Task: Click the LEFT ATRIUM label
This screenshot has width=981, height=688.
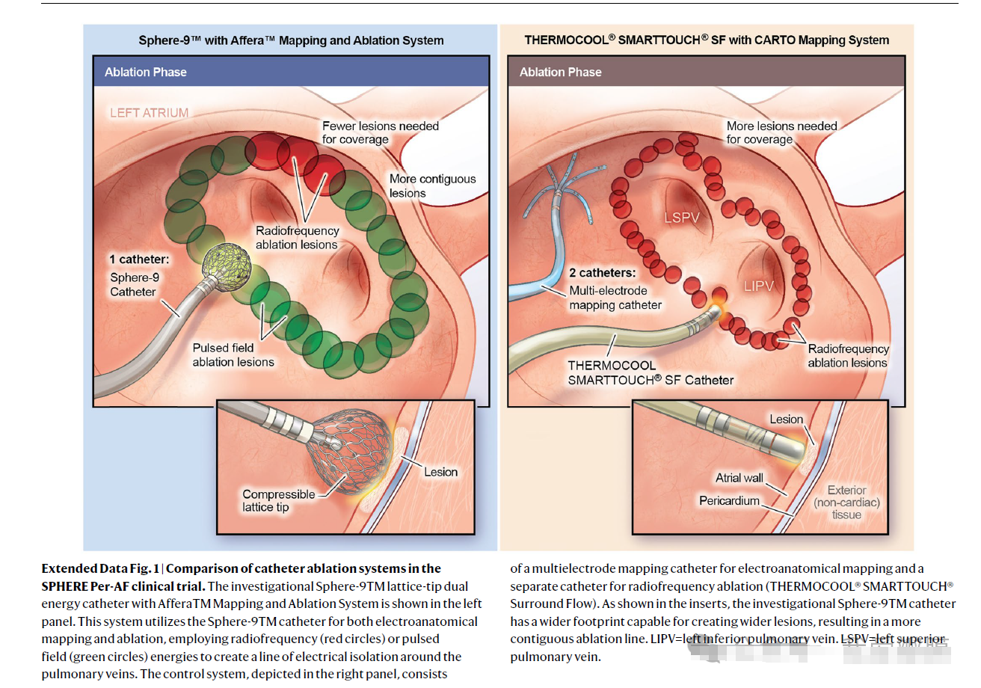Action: pyautogui.click(x=149, y=113)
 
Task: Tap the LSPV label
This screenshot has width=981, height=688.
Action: pyautogui.click(x=681, y=218)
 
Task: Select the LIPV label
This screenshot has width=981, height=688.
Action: pyautogui.click(x=758, y=286)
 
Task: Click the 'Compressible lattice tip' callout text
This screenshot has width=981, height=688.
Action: pyautogui.click(x=278, y=500)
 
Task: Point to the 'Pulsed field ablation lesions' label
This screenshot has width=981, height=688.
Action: pyautogui.click(x=233, y=354)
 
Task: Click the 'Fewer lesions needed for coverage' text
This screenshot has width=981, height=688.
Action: pyautogui.click(x=380, y=132)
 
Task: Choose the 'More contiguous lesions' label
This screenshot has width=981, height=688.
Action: pyautogui.click(x=431, y=185)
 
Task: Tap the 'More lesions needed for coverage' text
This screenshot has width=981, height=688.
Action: pyautogui.click(x=781, y=132)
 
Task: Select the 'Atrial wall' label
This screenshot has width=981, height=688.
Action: pyautogui.click(x=738, y=478)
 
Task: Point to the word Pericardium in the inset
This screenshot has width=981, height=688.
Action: pyautogui.click(x=729, y=500)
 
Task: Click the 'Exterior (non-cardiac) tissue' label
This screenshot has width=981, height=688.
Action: pyautogui.click(x=846, y=503)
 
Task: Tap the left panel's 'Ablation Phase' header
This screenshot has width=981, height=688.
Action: pyautogui.click(x=146, y=73)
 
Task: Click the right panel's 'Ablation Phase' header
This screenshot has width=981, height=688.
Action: pyautogui.click(x=560, y=73)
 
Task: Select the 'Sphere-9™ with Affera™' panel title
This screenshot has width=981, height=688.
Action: pyautogui.click(x=291, y=41)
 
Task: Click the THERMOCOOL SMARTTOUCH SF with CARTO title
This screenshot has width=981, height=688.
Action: pyautogui.click(x=707, y=40)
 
